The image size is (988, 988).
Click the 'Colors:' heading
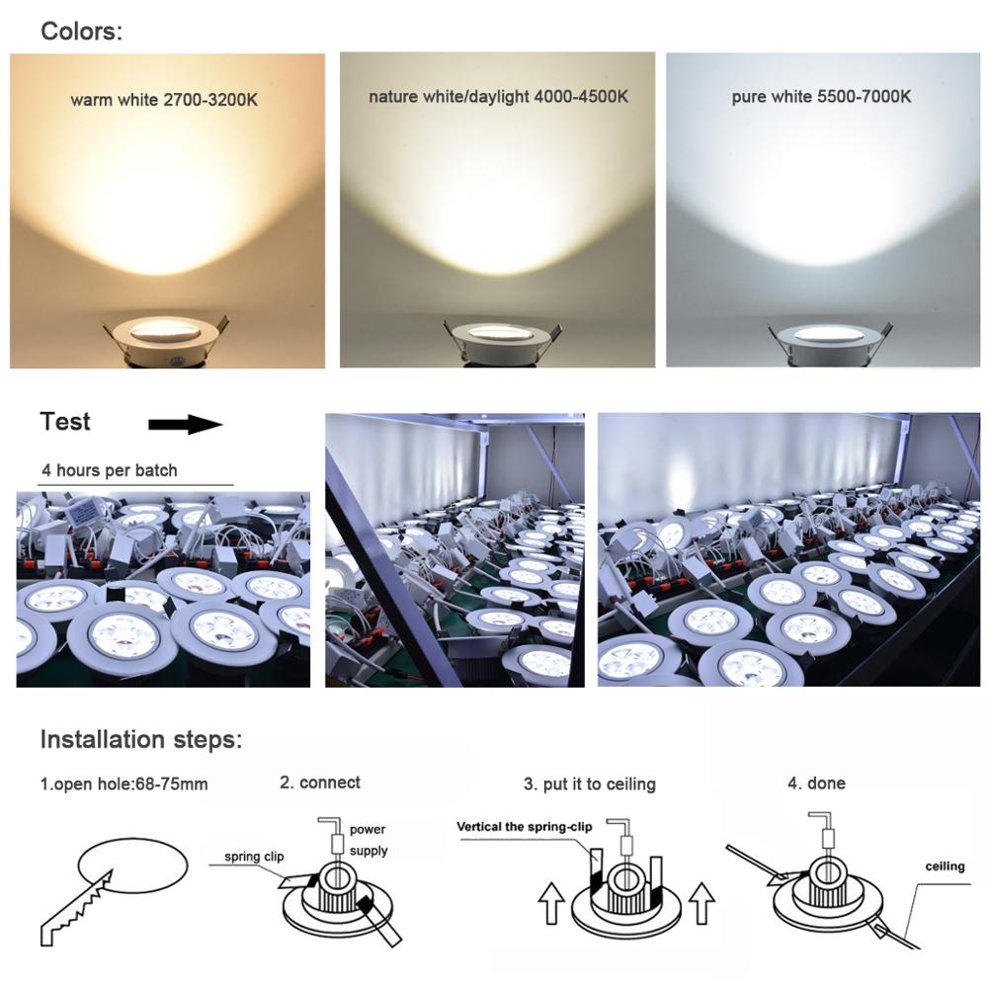click(x=81, y=31)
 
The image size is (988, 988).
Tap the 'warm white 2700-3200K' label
click(x=164, y=100)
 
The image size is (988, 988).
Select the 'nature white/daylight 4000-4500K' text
click(x=498, y=97)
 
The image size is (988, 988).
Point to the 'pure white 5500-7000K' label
click(x=821, y=97)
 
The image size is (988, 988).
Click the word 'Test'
click(x=65, y=422)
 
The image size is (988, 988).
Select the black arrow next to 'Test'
click(x=185, y=425)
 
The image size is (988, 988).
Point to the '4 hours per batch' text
click(x=110, y=470)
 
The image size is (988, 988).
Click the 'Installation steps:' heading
click(x=140, y=739)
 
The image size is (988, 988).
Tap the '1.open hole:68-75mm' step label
click(x=124, y=785)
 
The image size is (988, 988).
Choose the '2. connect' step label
click(x=320, y=782)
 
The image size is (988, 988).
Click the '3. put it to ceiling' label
click(x=589, y=784)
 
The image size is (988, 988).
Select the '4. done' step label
click(x=816, y=783)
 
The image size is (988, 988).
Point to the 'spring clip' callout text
click(x=254, y=857)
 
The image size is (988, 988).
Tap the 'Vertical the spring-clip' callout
click(x=523, y=825)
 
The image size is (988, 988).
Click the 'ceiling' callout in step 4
click(x=945, y=866)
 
